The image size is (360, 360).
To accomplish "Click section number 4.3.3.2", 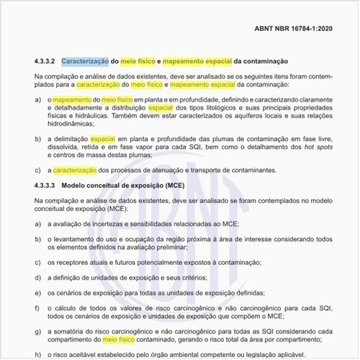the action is click(x=45, y=62).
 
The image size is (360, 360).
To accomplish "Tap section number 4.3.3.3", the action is click(x=45, y=185).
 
